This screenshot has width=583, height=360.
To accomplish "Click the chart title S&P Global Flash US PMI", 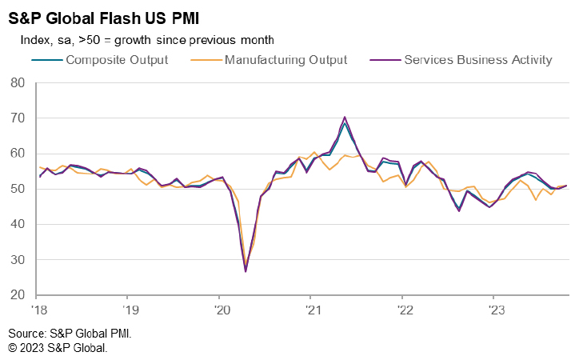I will coord(103,17).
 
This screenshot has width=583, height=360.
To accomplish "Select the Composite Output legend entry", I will coord(117,59).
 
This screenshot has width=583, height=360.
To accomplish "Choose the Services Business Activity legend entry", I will coord(478,59).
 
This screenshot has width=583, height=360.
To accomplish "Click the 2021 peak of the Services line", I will coord(344,117).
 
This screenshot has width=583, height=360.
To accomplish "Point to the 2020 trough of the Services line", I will coord(246,271).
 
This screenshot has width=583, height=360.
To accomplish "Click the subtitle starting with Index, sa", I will coord(143,39).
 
